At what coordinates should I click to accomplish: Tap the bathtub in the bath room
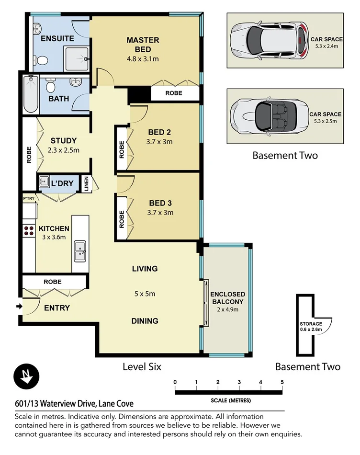pos(32,94)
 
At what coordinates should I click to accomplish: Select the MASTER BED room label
pos(143,45)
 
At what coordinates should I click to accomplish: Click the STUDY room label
pos(64,141)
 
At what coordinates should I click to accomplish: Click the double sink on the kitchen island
pos(79,250)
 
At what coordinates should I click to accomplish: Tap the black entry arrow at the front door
pos(19,307)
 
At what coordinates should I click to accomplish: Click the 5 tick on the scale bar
pos(282,382)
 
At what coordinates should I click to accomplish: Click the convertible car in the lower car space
pos(268,116)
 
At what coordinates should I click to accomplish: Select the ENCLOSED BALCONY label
pos(227,298)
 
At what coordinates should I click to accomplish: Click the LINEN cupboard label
pos(87,184)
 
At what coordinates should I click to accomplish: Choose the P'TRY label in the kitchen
pos(28,198)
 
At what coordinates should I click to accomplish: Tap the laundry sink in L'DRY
pos(44,182)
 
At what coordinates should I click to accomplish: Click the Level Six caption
pos(142,367)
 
